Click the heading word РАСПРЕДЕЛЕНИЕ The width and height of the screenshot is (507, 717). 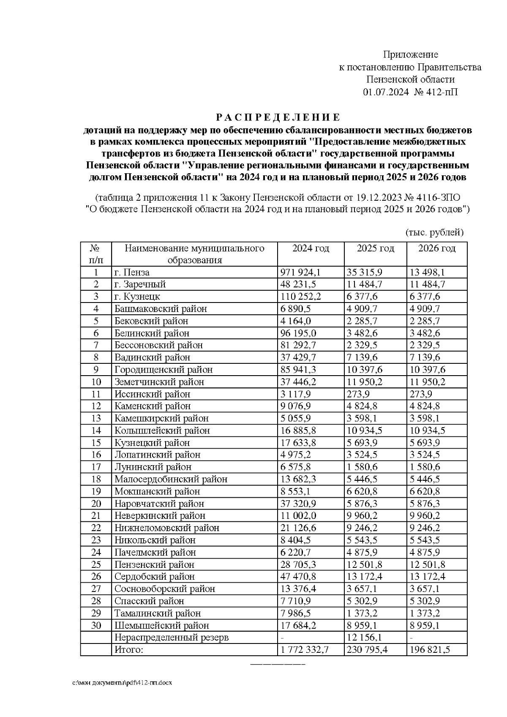point(278,117)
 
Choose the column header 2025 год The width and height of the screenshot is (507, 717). point(375,248)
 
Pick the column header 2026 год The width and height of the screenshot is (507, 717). point(437,248)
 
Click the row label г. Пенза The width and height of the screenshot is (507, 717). point(132,273)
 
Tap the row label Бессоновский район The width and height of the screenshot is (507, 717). point(158,345)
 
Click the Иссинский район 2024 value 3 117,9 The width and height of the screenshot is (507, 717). point(296,394)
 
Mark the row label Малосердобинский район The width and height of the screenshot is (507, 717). point(171,479)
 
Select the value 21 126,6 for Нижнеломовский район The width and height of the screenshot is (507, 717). point(298,528)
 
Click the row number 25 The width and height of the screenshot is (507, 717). point(96,564)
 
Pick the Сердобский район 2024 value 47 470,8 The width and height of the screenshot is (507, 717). point(298,577)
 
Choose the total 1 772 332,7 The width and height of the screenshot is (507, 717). point(305,650)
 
